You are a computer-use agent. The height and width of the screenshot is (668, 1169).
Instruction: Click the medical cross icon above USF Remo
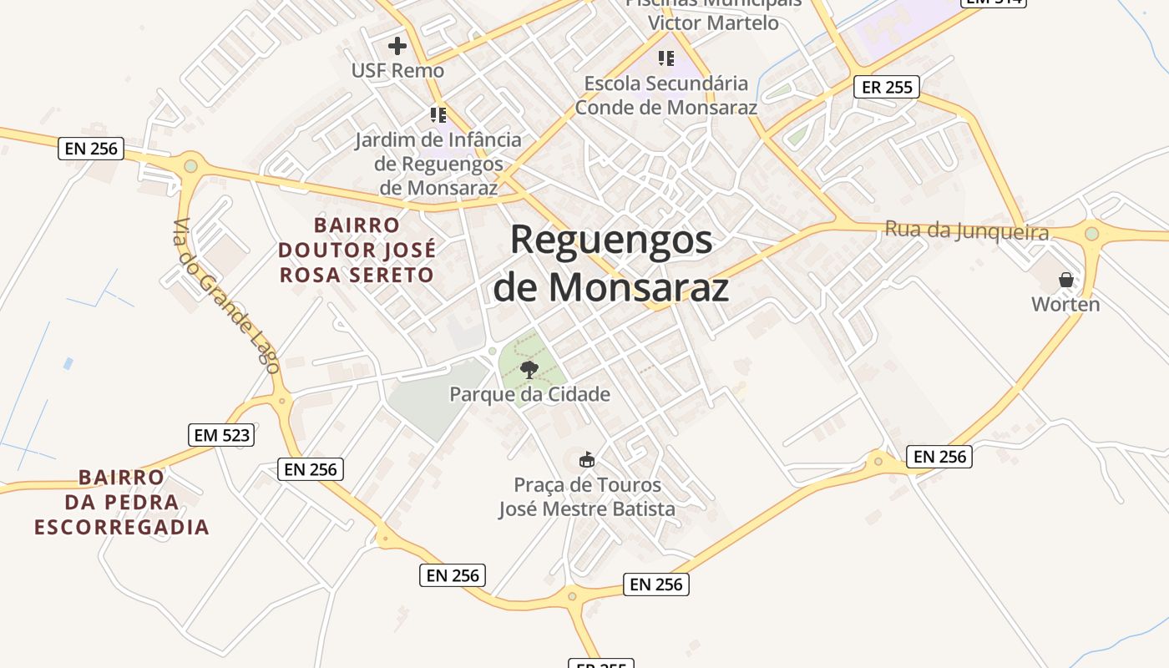(397, 45)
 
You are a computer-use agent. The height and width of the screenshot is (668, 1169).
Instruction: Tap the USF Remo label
(397, 70)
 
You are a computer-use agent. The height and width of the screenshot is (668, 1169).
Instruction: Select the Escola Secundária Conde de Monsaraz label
(665, 95)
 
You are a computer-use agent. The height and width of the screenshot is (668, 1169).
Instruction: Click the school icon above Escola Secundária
(665, 58)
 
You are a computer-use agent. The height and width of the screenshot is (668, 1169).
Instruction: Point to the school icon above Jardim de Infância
(438, 114)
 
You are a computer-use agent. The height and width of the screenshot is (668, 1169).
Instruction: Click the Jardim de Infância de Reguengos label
(438, 164)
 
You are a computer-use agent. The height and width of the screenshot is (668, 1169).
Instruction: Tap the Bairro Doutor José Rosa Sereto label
(357, 250)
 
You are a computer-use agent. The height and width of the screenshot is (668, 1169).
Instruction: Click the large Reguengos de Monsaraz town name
(610, 263)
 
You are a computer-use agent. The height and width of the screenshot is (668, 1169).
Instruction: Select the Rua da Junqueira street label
(966, 230)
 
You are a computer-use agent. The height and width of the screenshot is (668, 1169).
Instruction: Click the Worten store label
(1065, 304)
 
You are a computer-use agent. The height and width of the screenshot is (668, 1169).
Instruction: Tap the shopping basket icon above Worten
(1065, 279)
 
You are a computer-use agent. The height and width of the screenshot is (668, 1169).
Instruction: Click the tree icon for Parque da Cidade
(529, 369)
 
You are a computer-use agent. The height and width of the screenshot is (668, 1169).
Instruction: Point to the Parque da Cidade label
(529, 394)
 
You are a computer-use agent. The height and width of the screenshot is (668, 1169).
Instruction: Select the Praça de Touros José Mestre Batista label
(587, 496)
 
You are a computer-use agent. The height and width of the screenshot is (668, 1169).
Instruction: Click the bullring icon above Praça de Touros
(587, 459)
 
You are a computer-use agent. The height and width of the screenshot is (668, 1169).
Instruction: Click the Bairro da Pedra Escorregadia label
(122, 502)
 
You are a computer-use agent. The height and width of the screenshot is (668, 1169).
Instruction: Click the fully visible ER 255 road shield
(886, 87)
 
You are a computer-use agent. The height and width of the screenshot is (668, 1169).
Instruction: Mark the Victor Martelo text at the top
(713, 23)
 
